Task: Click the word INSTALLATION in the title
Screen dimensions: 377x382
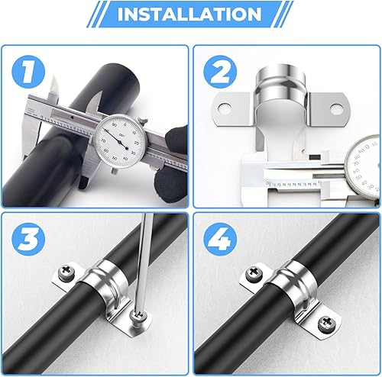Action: click(190, 15)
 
